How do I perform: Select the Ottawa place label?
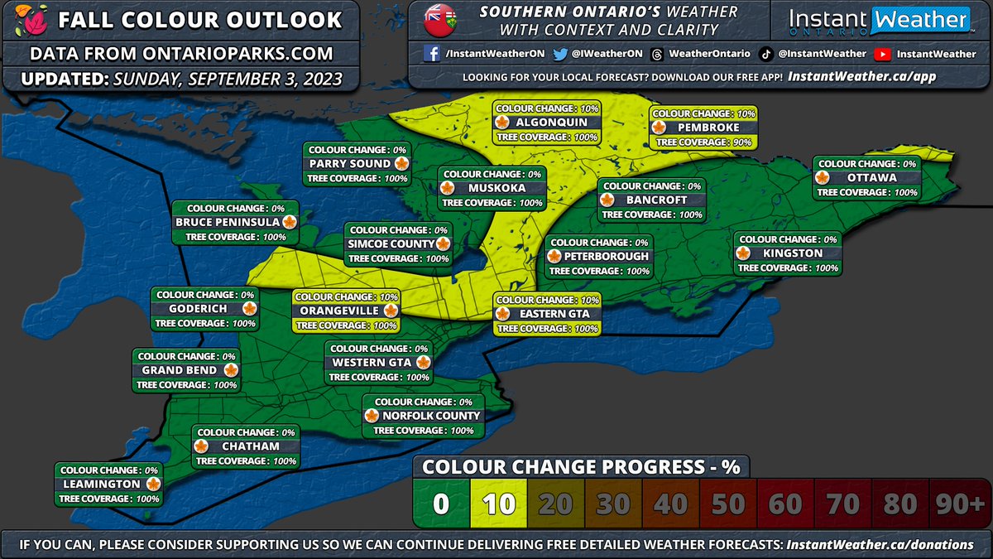pyautogui.click(x=871, y=177)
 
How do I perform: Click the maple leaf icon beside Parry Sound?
pyautogui.click(x=401, y=164)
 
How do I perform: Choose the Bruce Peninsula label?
pyautogui.click(x=228, y=222)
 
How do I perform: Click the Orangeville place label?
pyautogui.click(x=339, y=311)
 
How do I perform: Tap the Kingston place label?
pyautogui.click(x=792, y=253)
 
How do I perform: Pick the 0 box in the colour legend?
pyautogui.click(x=441, y=504)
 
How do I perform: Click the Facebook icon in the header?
pyautogui.click(x=431, y=54)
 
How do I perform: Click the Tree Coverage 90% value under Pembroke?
pyautogui.click(x=741, y=142)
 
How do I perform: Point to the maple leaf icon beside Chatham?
pyautogui.click(x=200, y=446)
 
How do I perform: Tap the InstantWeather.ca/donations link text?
pyautogui.click(x=881, y=544)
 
